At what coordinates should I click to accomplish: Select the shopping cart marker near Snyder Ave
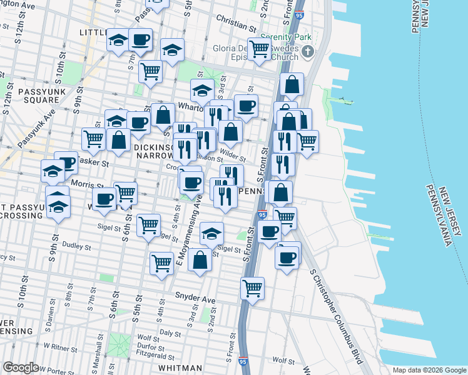tap(252, 289)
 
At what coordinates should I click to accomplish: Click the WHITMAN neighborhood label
tap(180, 367)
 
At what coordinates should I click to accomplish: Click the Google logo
tap(21, 367)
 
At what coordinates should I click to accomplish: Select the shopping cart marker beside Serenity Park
tap(258, 49)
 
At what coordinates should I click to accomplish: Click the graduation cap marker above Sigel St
tap(212, 234)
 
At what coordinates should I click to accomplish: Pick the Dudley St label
tap(76, 246)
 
